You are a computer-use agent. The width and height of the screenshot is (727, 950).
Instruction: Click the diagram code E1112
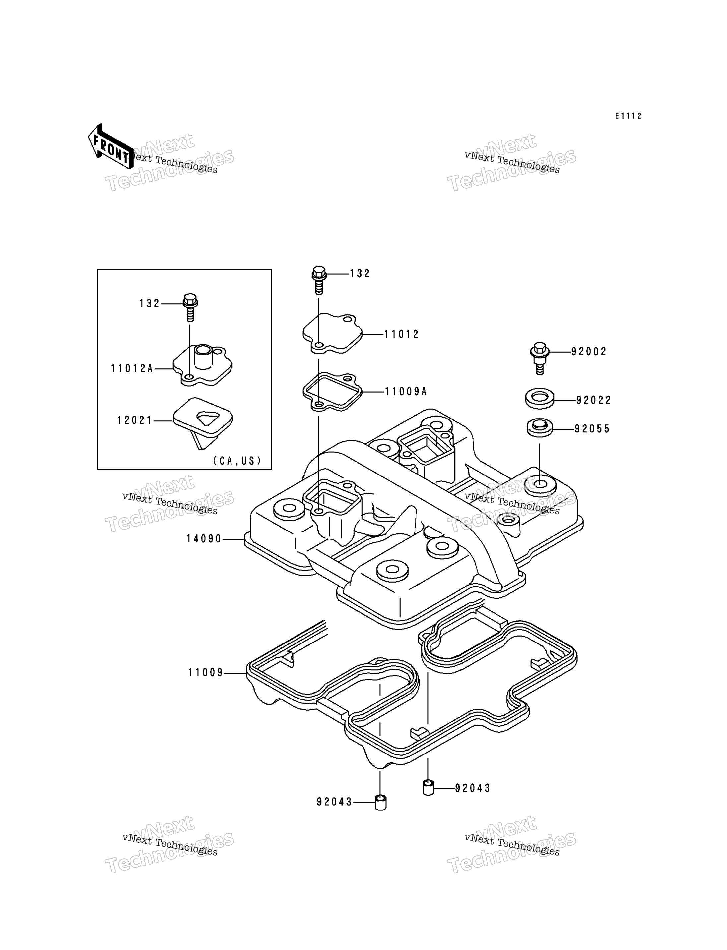click(629, 116)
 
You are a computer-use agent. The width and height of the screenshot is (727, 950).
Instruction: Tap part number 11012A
click(132, 368)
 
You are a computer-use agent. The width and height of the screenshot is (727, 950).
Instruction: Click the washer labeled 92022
click(540, 398)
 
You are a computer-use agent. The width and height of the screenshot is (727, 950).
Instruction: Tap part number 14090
click(204, 539)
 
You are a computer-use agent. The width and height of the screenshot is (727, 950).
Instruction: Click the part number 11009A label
click(406, 391)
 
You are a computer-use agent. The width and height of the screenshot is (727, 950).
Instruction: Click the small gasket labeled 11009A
click(332, 392)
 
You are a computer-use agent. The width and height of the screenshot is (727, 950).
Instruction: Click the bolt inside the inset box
click(190, 307)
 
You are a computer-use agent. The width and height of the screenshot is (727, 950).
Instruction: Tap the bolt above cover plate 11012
click(319, 280)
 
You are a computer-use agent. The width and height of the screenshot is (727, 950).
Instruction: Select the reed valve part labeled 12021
click(203, 423)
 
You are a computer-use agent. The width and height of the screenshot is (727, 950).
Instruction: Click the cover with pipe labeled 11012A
click(203, 365)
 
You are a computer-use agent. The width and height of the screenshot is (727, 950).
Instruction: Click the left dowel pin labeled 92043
click(380, 802)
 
